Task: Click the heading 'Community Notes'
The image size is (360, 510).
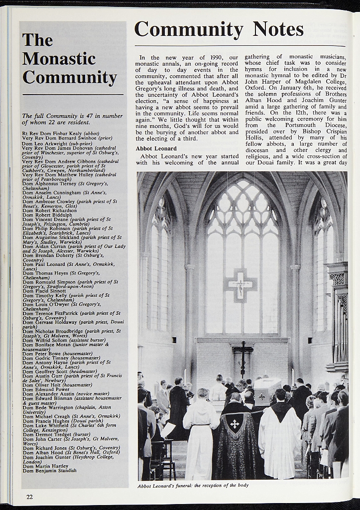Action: point(219,29)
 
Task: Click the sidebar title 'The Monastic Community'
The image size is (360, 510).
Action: point(69,59)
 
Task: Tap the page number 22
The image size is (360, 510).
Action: point(30,497)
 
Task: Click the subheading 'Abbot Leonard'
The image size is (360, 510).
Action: point(156,148)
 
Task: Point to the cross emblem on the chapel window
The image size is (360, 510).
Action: point(241,285)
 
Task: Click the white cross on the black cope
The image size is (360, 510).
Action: point(235,424)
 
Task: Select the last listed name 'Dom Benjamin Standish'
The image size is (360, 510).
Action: point(50,470)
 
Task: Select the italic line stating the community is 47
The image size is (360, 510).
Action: point(72,119)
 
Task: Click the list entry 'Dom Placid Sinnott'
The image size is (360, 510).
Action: point(44,290)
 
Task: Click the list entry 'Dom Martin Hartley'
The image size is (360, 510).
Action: point(46,465)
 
